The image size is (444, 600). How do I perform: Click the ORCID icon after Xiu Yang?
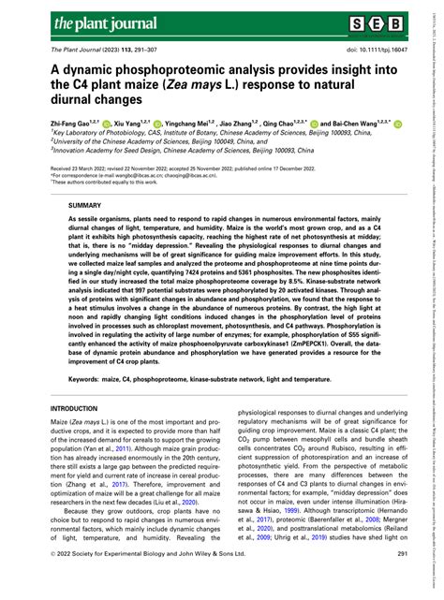pyautogui.click(x=156, y=123)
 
